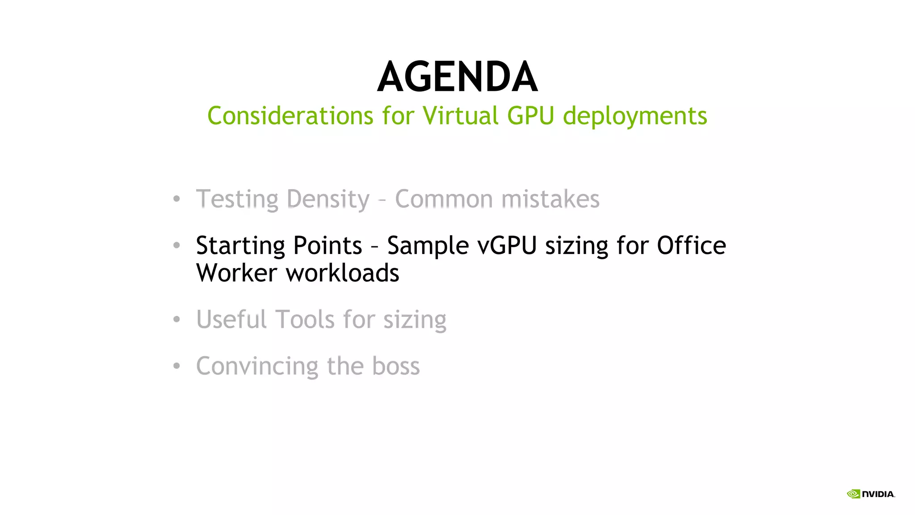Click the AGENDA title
pyautogui.click(x=457, y=77)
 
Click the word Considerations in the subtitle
pyautogui.click(x=290, y=116)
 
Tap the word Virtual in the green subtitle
pyautogui.click(x=460, y=116)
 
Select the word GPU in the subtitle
pyautogui.click(x=530, y=116)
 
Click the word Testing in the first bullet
pyautogui.click(x=237, y=199)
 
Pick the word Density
pyautogui.click(x=328, y=199)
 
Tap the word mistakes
pyautogui.click(x=550, y=199)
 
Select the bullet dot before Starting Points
pyautogui.click(x=176, y=245)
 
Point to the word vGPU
pyautogui.click(x=507, y=246)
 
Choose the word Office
pyautogui.click(x=691, y=245)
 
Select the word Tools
pyautogui.click(x=305, y=320)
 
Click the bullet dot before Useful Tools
pyautogui.click(x=176, y=319)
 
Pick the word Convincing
pyautogui.click(x=257, y=367)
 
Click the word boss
pyautogui.click(x=395, y=366)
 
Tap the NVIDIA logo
pyautogui.click(x=870, y=494)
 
